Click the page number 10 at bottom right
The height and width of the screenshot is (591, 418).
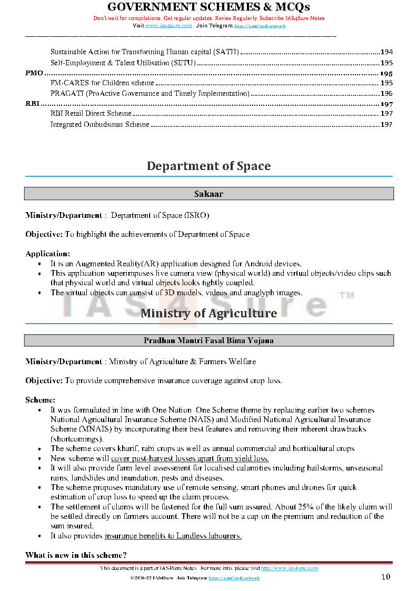(386, 577)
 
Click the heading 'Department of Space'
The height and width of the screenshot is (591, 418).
(208, 166)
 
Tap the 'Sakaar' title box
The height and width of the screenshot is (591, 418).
(208, 194)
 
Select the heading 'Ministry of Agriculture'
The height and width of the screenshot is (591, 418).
(208, 313)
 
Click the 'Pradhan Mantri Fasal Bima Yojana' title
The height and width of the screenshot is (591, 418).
(208, 340)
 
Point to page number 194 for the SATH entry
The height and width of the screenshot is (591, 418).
(386, 52)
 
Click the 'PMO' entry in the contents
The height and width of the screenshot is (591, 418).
(34, 73)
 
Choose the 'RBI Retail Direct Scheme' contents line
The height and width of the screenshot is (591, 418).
(91, 114)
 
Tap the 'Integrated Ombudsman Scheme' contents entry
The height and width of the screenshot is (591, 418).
(100, 125)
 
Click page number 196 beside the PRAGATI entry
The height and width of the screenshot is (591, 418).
(386, 94)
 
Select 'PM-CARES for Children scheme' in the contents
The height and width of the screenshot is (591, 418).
(102, 83)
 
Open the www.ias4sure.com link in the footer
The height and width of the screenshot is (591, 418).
(290, 568)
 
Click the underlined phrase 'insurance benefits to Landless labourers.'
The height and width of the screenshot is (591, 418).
(173, 536)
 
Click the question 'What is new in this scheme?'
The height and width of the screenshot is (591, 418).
(76, 555)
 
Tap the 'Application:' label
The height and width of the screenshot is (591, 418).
(47, 253)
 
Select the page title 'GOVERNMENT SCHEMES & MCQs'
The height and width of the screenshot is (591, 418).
(208, 7)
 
